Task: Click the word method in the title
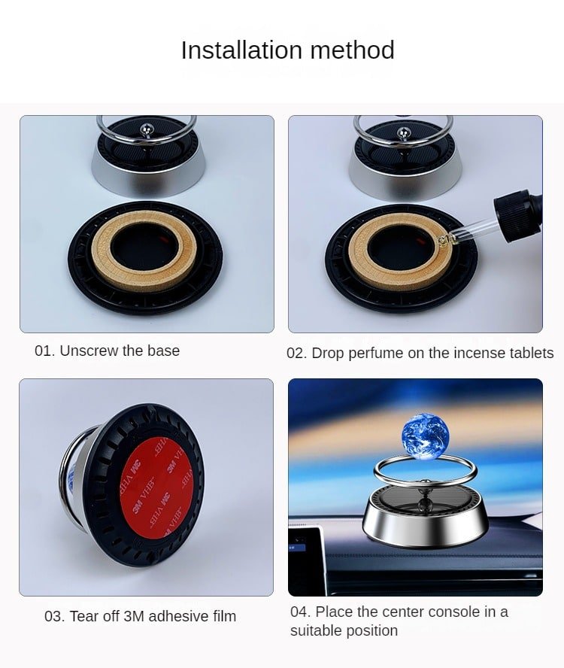352,50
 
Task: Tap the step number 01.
44,351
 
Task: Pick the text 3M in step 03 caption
134,616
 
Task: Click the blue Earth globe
425,436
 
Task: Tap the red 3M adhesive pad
156,489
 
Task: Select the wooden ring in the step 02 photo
400,252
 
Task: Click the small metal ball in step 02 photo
403,133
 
